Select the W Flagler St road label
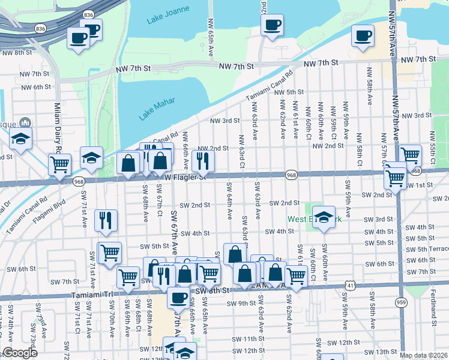(185, 177)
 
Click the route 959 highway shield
(400, 304)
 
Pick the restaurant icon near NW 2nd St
(203, 160)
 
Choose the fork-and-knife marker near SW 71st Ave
(106, 220)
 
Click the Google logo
(20, 353)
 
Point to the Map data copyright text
(423, 355)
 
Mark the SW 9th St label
(241, 303)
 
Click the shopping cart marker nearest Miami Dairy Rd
(59, 164)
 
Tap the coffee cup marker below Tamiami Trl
(178, 297)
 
